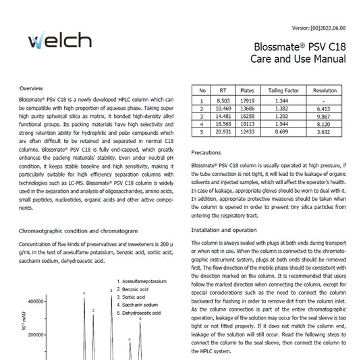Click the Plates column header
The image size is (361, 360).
tap(247, 90)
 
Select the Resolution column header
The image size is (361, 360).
tap(325, 90)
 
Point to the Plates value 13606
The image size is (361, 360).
tap(247, 108)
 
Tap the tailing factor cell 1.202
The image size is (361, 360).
tap(283, 116)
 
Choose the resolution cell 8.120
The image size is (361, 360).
tap(325, 124)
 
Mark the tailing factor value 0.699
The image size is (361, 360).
tap(283, 132)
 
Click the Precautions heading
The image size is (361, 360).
tap(206, 153)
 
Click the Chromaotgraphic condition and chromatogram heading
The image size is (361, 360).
tap(84, 231)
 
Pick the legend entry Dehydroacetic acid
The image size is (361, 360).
tap(142, 313)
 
